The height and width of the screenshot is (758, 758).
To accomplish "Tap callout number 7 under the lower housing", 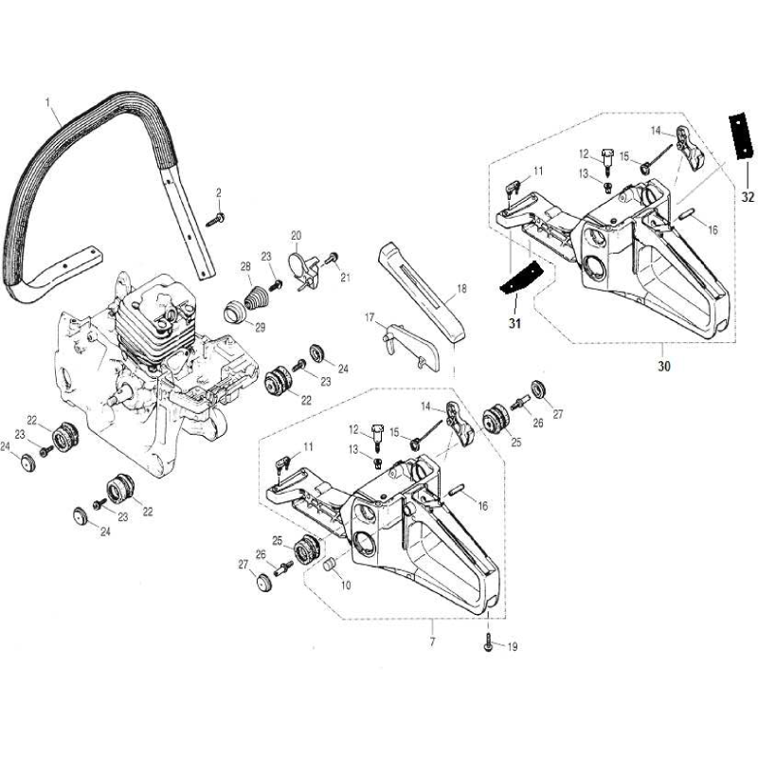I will coord(432,628).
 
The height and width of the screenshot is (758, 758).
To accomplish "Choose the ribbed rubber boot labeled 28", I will coord(255,289).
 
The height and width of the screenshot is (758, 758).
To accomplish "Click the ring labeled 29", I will coord(232,311).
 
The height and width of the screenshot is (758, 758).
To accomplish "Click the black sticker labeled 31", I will coord(515,278).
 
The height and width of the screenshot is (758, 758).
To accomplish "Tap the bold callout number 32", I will coord(748,197).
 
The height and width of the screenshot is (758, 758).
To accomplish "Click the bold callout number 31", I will coord(514,322).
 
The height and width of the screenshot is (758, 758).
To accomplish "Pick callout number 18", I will coord(461,288).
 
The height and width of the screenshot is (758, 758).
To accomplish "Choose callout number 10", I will coord(345,586).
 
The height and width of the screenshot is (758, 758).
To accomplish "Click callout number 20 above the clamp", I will coord(296,235).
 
